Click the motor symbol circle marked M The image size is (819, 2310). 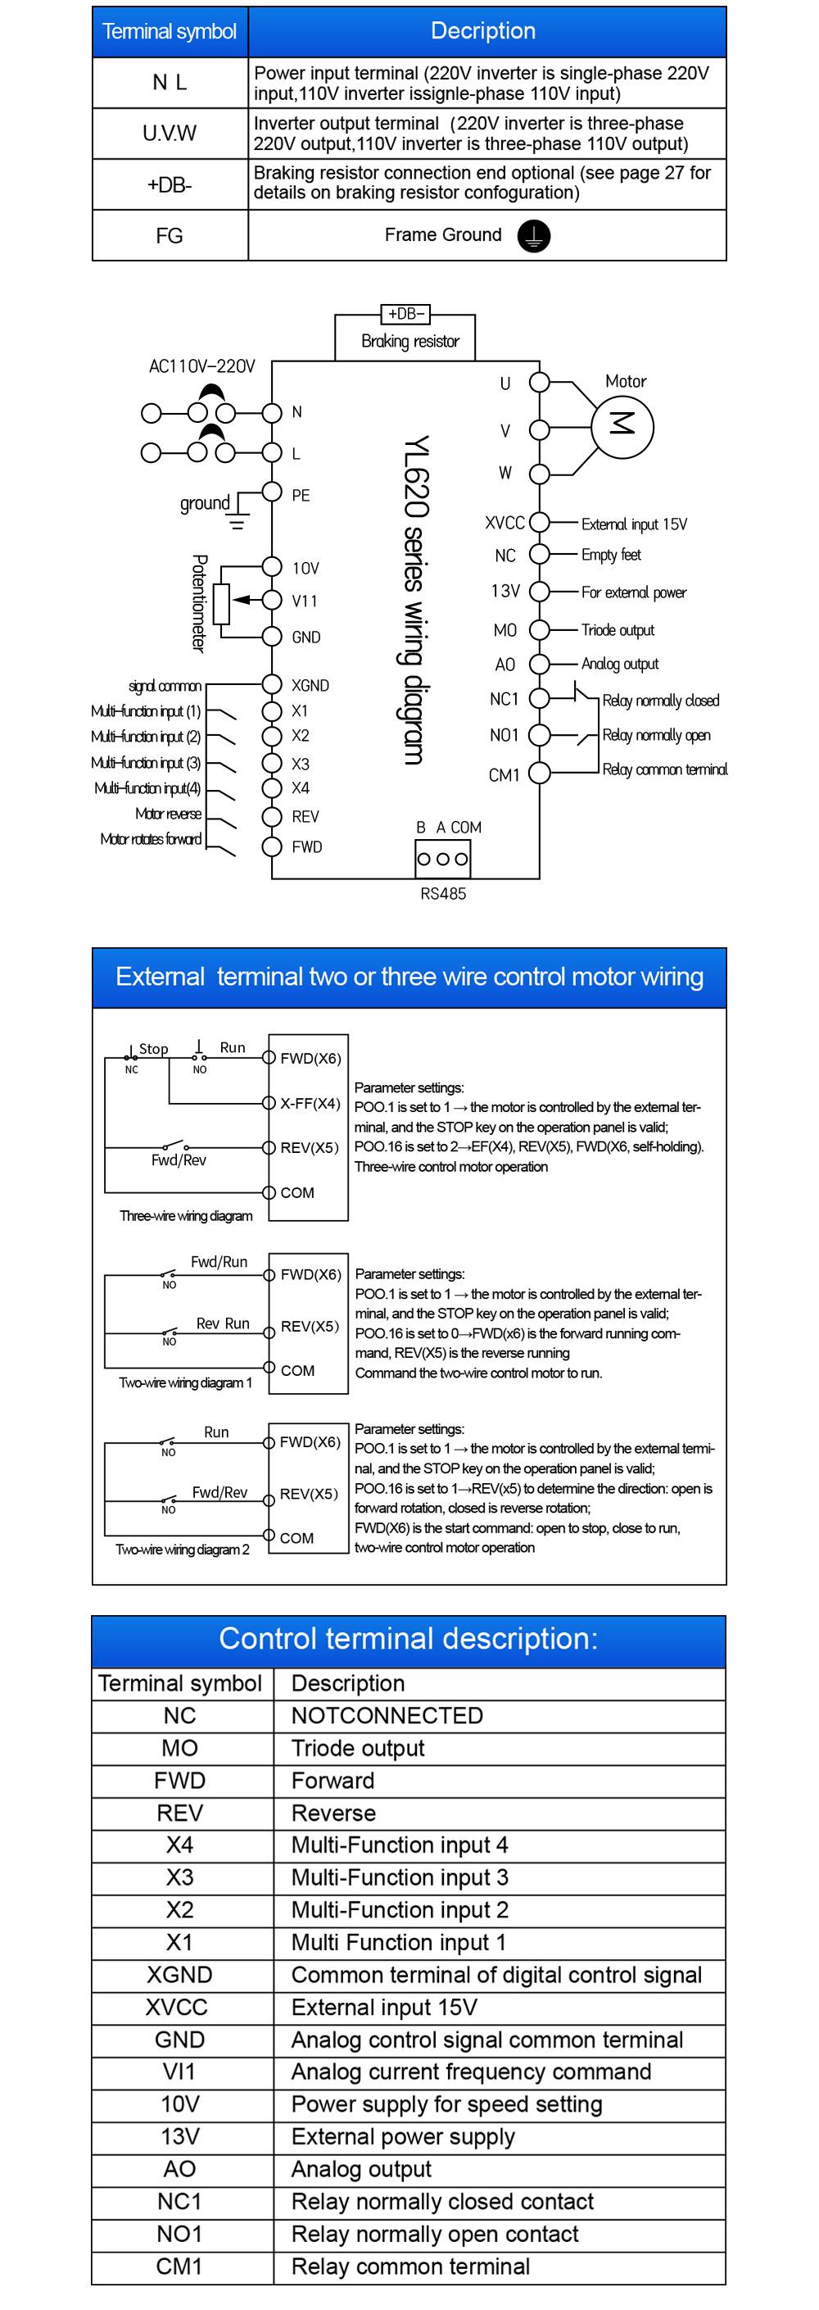click(x=622, y=425)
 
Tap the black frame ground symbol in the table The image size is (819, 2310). click(x=534, y=236)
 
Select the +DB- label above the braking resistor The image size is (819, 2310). click(x=406, y=314)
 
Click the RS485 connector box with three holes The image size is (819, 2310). click(x=442, y=858)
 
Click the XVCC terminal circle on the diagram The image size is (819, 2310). click(x=540, y=522)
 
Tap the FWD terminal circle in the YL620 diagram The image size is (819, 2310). click(x=273, y=846)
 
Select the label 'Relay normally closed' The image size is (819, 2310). click(x=660, y=701)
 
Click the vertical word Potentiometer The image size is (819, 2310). click(x=199, y=602)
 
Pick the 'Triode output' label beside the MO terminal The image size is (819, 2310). click(x=618, y=629)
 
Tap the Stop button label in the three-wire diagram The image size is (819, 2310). click(x=153, y=1048)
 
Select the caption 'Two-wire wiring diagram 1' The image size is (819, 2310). click(x=185, y=1382)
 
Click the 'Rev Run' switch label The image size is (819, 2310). click(x=223, y=1323)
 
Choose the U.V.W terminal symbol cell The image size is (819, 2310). click(x=170, y=134)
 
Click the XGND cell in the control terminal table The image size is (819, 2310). click(x=180, y=1975)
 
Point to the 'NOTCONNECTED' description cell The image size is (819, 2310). click(x=387, y=1715)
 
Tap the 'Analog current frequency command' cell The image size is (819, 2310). click(x=470, y=2072)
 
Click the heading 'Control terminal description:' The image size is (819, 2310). click(x=408, y=1638)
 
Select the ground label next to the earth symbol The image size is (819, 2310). click(x=204, y=503)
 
